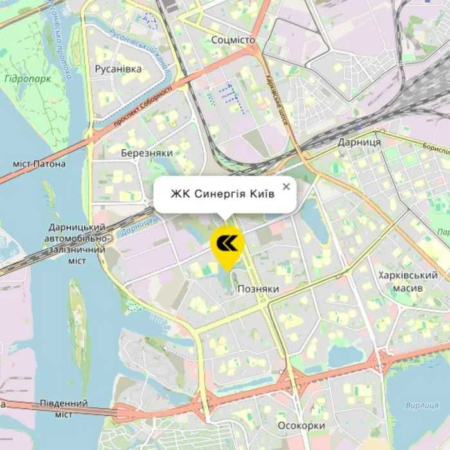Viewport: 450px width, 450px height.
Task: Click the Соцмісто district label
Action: pos(233,40)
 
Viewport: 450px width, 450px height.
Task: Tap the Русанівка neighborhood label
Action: pos(118,69)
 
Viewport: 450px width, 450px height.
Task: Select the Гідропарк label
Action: pos(26,78)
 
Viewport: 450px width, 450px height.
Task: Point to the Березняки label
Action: pos(147,153)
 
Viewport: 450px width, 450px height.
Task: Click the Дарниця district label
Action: pos(359,141)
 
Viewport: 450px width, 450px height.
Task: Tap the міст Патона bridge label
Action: pos(39,164)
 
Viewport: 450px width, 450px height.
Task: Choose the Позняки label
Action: pos(258,289)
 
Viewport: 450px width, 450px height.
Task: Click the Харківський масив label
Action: pos(409,282)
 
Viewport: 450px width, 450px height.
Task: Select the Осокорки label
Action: pos(301,426)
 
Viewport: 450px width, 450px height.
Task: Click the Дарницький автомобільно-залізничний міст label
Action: pos(77,244)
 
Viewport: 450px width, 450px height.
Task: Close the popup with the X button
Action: pos(286,186)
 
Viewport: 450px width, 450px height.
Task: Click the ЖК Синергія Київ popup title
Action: pos(222,194)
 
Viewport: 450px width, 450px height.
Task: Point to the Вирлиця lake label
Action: pos(422,405)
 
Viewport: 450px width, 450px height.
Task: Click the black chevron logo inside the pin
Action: pos(227,242)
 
